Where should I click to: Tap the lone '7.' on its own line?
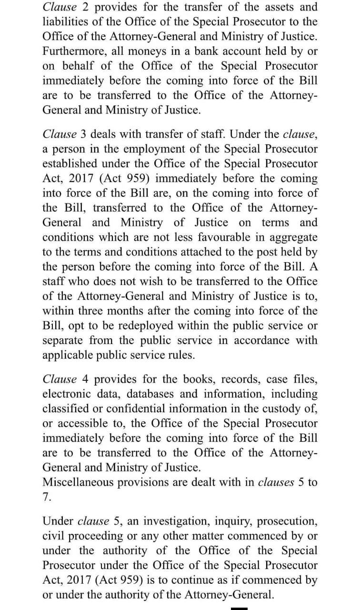pos(46,497)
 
